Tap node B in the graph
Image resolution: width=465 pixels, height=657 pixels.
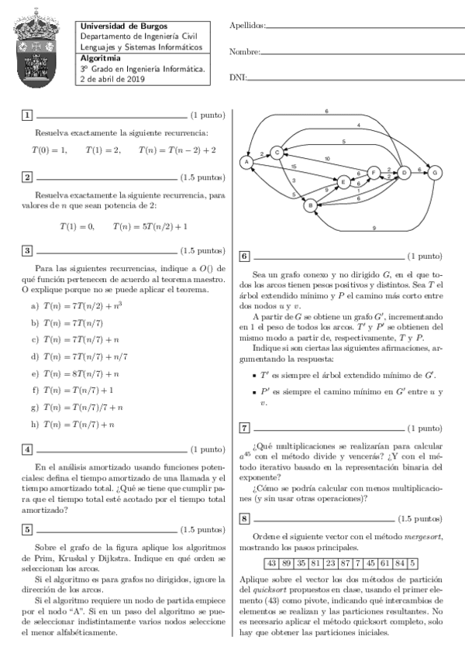tap(309, 206)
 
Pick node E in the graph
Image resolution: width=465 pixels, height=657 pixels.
tap(343, 181)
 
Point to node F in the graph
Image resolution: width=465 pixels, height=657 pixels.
tap(373, 172)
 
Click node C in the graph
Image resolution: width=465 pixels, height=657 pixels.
tap(276, 153)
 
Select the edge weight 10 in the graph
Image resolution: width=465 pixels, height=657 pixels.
tap(327, 159)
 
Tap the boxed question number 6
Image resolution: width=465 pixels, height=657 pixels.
tap(244, 256)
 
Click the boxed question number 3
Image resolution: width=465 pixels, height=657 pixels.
tap(27, 251)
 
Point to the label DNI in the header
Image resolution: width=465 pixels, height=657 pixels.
tap(237, 78)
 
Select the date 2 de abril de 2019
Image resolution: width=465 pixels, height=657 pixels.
tap(113, 78)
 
